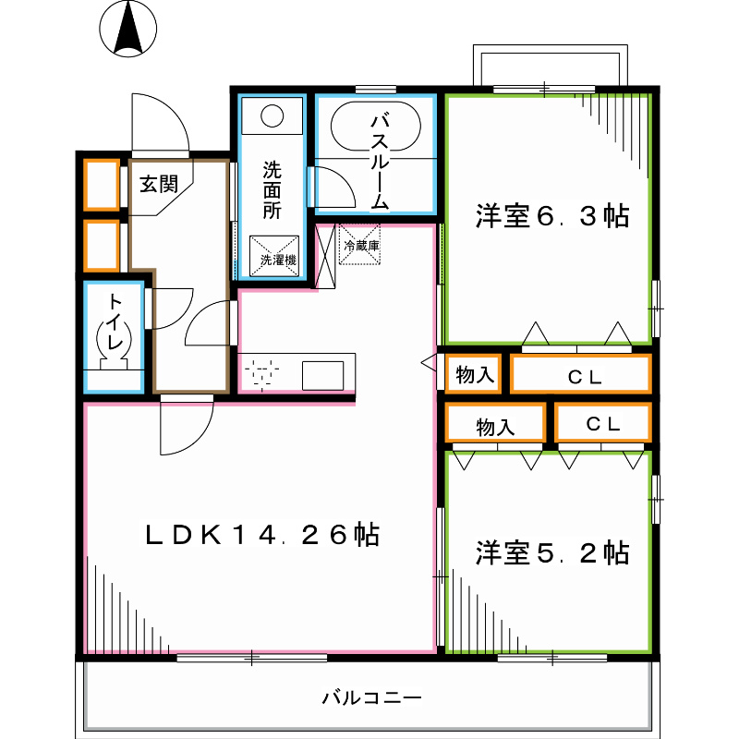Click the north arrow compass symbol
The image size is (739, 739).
pos(127,27)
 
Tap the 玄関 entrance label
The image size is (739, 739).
pos(158,183)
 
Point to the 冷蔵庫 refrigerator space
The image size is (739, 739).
pos(360,245)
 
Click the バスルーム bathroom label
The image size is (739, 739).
pos(379,161)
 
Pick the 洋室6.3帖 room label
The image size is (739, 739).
pos(552,217)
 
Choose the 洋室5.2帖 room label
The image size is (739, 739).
pos(552,552)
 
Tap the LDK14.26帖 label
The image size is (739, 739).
pos(261,534)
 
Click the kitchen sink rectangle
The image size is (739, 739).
pos(322,375)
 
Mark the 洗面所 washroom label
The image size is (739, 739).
pos(271,189)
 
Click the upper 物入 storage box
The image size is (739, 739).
pos(474,375)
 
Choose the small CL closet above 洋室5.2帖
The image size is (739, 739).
pos(603,424)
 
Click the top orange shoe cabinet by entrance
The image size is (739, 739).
pos(102,185)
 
